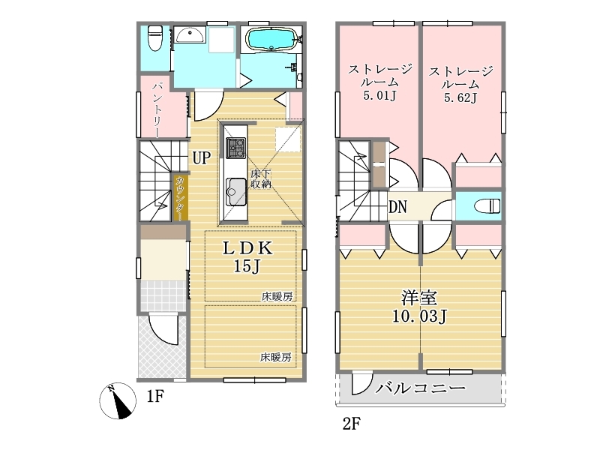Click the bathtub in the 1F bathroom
(x=271, y=39)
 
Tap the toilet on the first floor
(x=155, y=38)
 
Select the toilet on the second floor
(x=487, y=205)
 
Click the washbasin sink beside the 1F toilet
(x=190, y=35)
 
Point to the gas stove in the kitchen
(x=235, y=148)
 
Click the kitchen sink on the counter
(x=235, y=192)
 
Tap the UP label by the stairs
(x=201, y=157)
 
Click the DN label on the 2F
(x=397, y=207)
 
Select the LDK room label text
(x=248, y=248)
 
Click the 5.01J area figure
(x=379, y=95)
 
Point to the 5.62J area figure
(x=460, y=97)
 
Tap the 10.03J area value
(x=419, y=316)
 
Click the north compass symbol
(x=118, y=400)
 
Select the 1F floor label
(x=155, y=397)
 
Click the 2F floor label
(x=351, y=424)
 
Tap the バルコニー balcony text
(x=420, y=388)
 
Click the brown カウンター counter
(x=181, y=198)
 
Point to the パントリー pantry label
(x=157, y=109)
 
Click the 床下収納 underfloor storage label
(x=261, y=179)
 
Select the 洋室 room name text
(x=419, y=298)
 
